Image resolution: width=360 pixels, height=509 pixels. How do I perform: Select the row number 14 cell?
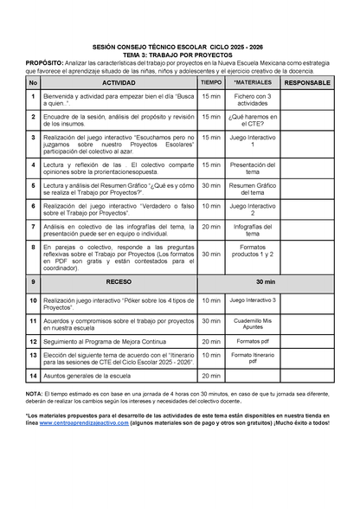[x=33, y=377]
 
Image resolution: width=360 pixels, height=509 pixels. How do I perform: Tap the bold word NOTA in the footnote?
[x=34, y=393]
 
